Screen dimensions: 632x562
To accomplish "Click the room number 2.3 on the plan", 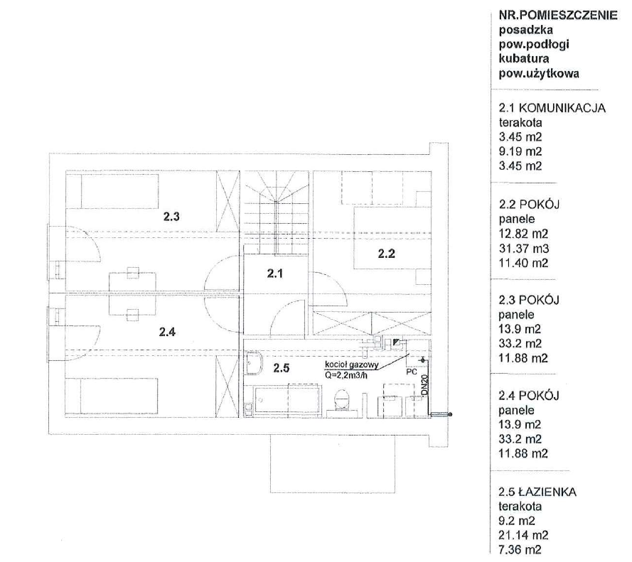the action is (x=171, y=217).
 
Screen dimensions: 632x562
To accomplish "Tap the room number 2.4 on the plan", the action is (x=167, y=332).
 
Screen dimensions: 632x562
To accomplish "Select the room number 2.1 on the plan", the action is (x=275, y=274).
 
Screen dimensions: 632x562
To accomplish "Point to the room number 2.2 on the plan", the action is (x=387, y=254).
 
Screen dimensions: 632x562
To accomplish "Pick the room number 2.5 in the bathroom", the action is (x=281, y=368).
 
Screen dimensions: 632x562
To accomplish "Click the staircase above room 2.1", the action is (x=276, y=212).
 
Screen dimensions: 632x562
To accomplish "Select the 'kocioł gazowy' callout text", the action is (x=352, y=365).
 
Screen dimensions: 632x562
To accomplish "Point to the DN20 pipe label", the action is (x=424, y=386).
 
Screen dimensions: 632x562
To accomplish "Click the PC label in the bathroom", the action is (x=412, y=372).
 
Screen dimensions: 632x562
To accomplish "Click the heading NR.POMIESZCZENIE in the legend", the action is (x=558, y=16).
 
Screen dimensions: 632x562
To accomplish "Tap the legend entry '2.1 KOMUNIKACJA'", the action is (x=552, y=108).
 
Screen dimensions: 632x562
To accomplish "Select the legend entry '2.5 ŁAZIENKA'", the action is (x=537, y=492).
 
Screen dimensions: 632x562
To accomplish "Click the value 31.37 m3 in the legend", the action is (x=524, y=249).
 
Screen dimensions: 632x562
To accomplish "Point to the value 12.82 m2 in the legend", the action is (x=523, y=234).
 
